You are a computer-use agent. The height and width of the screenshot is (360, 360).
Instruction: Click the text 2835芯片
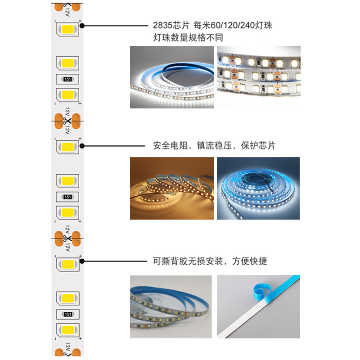click(171, 26)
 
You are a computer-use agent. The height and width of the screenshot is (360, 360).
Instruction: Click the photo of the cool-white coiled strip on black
click(171, 77)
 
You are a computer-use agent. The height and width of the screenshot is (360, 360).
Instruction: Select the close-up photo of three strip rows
click(258, 71)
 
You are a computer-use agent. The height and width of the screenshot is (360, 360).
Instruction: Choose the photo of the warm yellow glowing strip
click(171, 188)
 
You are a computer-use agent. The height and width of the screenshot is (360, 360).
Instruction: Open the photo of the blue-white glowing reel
click(258, 188)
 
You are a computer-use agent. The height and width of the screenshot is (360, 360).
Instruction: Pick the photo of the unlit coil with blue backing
click(171, 306)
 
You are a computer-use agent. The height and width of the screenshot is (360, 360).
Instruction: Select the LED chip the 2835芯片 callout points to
click(67, 30)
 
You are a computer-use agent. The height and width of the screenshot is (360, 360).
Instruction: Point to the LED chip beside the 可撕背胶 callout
click(67, 264)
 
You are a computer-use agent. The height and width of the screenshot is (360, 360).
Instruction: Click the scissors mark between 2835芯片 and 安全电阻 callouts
click(67, 121)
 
